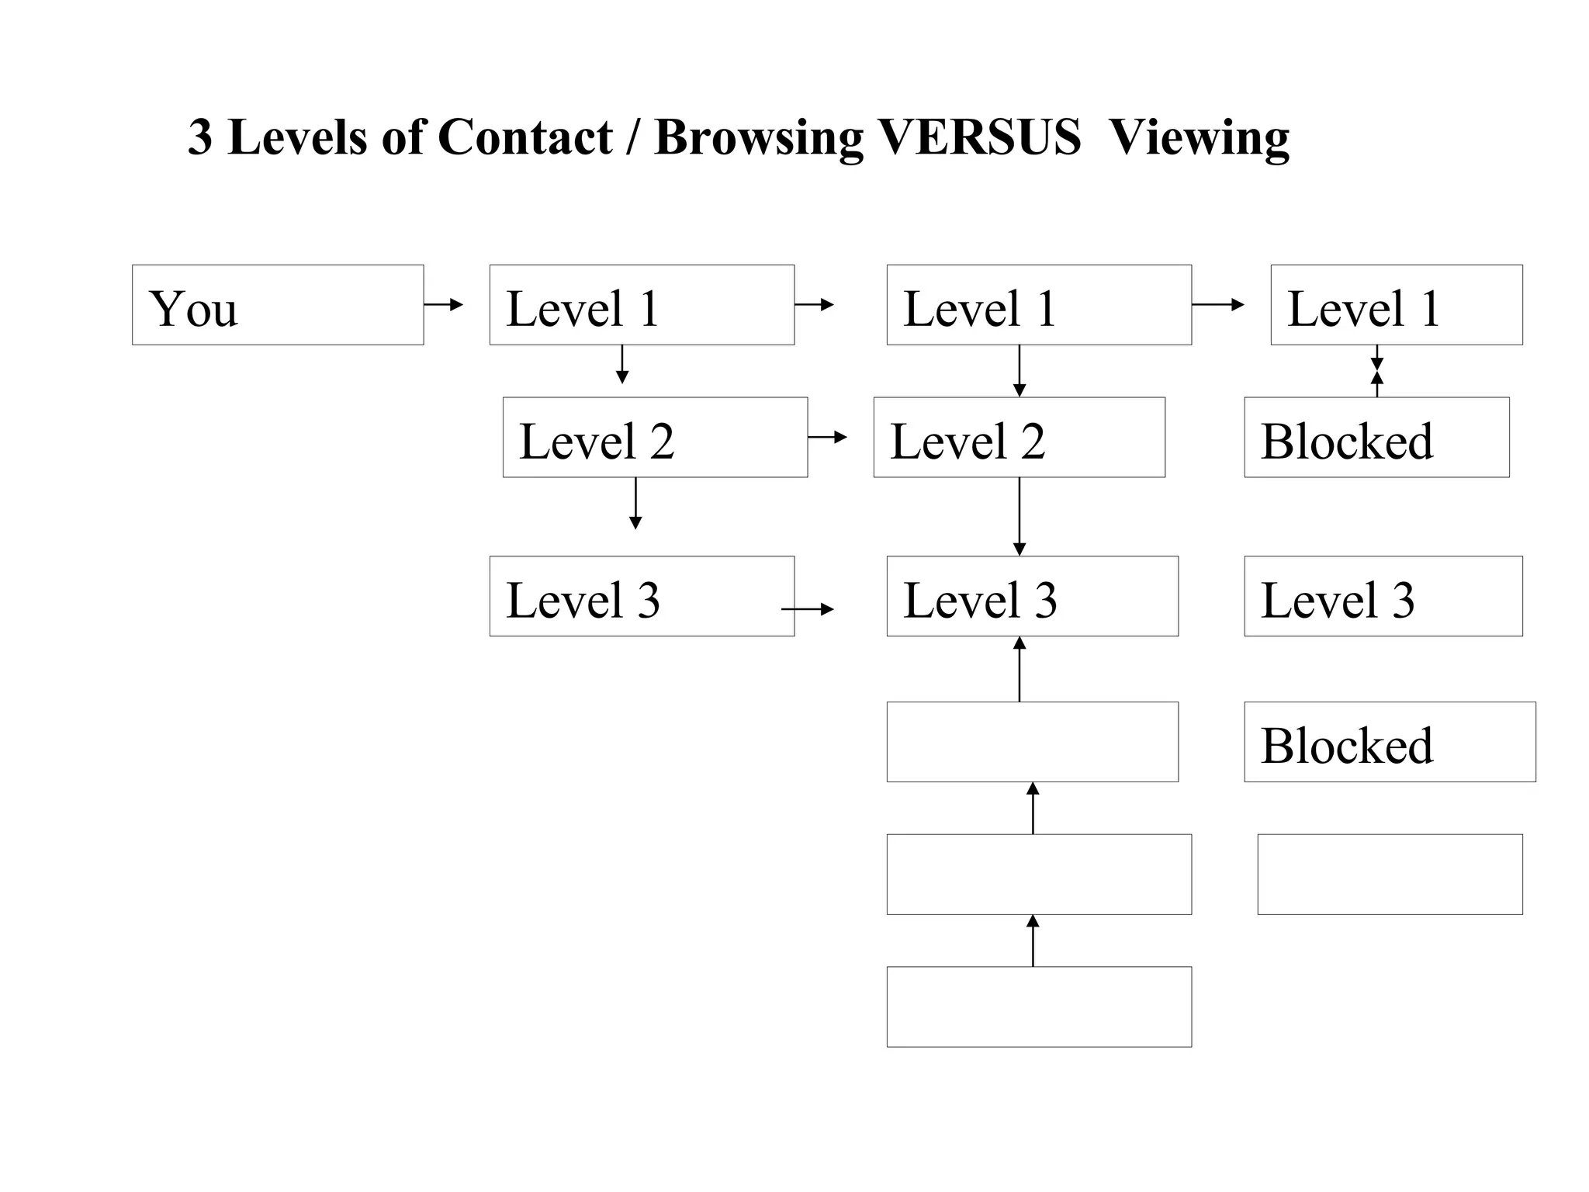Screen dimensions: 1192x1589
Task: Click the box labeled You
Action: click(x=277, y=304)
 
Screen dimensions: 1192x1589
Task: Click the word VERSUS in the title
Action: click(x=979, y=137)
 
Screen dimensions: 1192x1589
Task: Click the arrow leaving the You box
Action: click(x=444, y=304)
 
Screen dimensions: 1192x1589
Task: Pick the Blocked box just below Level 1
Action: click(x=1376, y=437)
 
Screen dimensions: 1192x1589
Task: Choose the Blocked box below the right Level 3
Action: click(x=1389, y=741)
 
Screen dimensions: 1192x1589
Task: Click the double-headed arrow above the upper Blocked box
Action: click(x=1377, y=371)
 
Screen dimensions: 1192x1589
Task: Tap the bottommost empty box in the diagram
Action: click(x=1038, y=1006)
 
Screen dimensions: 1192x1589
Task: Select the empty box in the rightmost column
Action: click(x=1389, y=874)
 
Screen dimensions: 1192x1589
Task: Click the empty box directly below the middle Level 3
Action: click(x=1032, y=741)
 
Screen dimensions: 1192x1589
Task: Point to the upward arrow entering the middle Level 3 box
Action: click(x=1020, y=669)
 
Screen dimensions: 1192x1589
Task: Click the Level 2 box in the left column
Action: click(x=654, y=437)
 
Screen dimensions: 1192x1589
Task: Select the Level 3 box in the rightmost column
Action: click(x=1383, y=596)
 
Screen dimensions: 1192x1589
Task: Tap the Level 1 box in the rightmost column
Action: click(x=1396, y=304)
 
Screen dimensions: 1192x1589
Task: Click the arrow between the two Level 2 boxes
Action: click(x=827, y=437)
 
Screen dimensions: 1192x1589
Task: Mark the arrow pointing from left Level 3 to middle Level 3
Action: click(x=807, y=609)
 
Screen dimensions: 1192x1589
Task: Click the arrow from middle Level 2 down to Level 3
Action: click(x=1020, y=516)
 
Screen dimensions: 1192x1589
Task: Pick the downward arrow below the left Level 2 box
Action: click(x=635, y=503)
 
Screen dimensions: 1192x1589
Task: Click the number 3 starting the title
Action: click(x=200, y=138)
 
